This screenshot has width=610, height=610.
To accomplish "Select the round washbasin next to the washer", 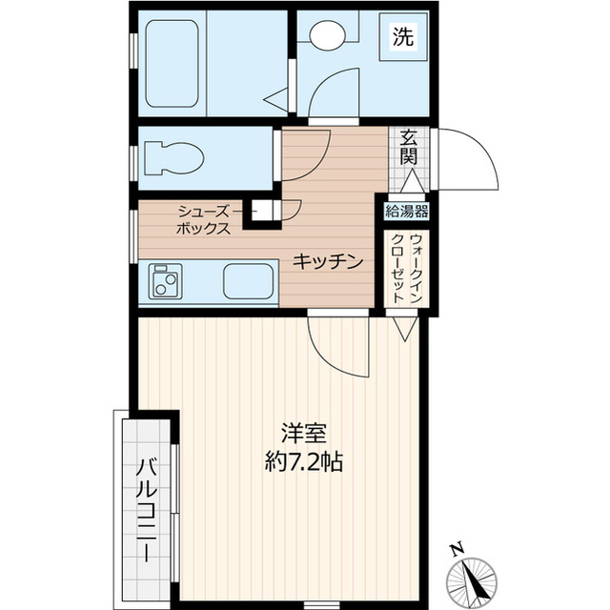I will (328, 37).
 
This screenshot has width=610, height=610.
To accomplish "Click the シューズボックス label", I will (202, 220).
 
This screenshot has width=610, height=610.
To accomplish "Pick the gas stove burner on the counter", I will (167, 283).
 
